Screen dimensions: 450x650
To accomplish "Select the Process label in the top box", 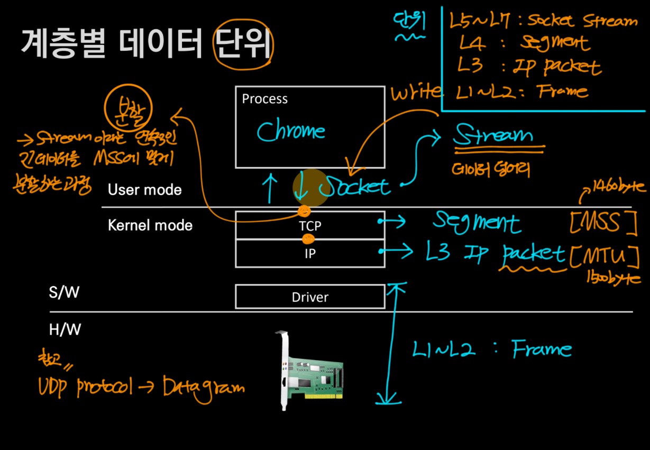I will (x=264, y=99).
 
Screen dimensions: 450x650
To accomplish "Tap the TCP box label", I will (x=310, y=226).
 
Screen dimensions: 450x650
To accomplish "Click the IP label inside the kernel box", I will (x=310, y=253).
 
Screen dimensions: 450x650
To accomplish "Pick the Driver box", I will (x=310, y=297).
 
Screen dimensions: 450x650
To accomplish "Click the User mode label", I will (x=144, y=190).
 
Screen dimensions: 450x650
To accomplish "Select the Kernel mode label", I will (x=150, y=226).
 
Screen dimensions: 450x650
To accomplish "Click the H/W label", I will (x=64, y=330).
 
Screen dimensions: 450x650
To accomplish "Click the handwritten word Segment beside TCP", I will (x=477, y=223).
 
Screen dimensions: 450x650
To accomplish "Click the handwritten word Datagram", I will (x=204, y=388).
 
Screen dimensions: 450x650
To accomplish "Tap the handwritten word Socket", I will (x=356, y=186).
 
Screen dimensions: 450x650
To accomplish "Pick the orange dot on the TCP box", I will (x=304, y=212).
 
